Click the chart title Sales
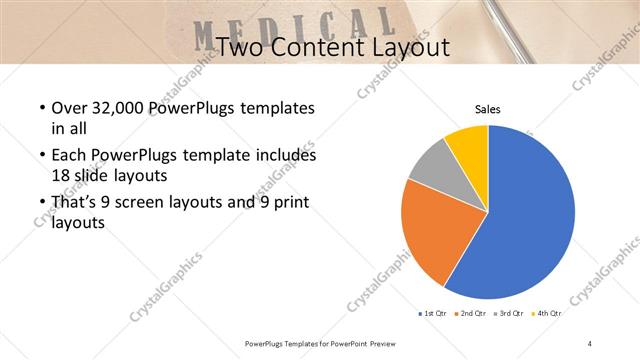pos(487,110)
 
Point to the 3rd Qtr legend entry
pos(513,314)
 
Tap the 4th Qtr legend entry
pos(550,314)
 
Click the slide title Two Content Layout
pos(332,47)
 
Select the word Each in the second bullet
pos(68,156)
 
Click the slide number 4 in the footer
pos(590,344)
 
